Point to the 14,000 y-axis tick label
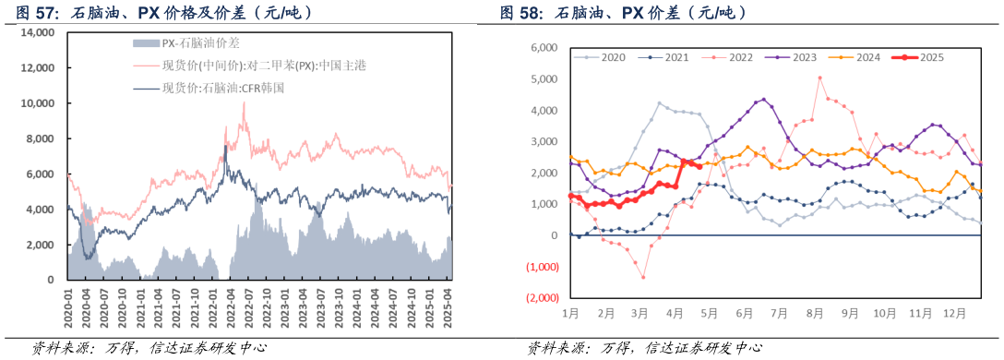[38, 32]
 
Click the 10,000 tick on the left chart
[38, 103]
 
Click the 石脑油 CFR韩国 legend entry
[221, 89]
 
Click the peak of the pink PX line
[244, 103]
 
